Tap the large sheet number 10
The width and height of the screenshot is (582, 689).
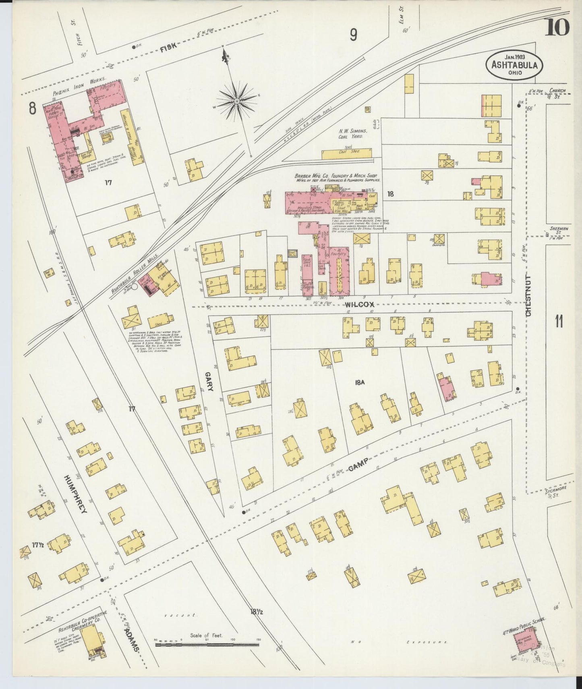pos(557,27)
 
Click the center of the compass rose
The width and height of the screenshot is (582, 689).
pos(237,101)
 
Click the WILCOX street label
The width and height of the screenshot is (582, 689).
pos(360,305)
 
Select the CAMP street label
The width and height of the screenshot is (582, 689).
pos(358,464)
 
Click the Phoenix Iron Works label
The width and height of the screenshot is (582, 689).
pos(79,86)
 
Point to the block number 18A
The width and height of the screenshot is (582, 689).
pos(360,383)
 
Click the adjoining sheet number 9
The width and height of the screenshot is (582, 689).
pos(353,36)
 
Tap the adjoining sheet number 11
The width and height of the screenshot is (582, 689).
pos(559,322)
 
